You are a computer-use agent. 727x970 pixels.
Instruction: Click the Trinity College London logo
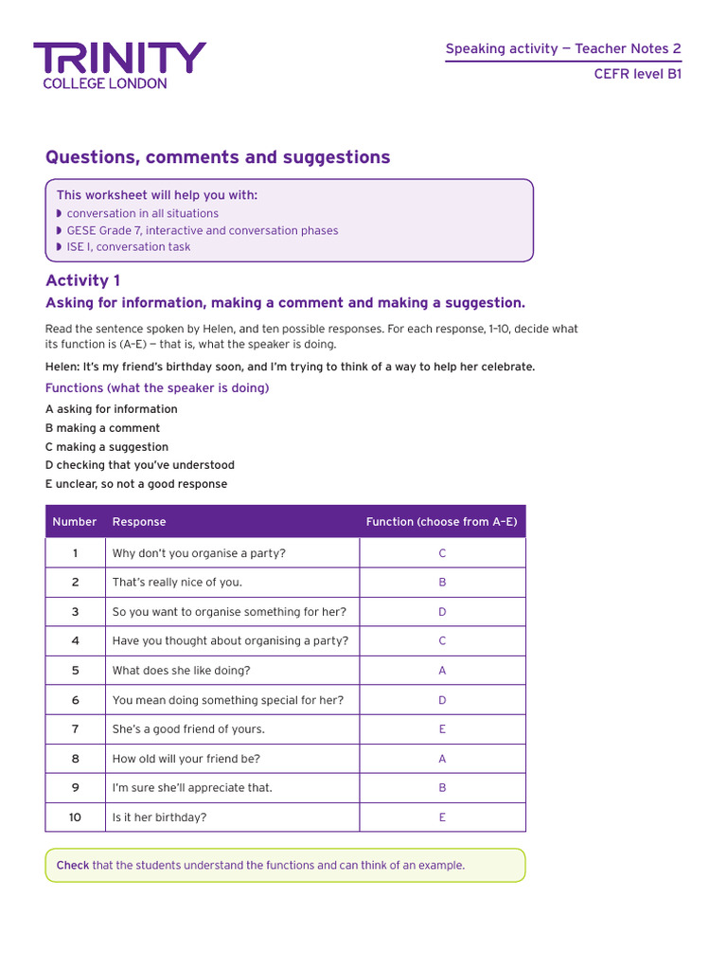click(x=119, y=65)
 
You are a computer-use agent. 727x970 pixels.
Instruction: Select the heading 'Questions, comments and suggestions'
click(x=218, y=157)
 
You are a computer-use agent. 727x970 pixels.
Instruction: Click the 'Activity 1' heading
click(x=83, y=280)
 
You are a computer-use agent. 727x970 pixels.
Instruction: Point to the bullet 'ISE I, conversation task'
click(x=129, y=247)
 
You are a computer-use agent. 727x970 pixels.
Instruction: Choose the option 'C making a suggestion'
click(x=107, y=447)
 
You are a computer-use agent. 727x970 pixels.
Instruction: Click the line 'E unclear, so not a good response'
click(x=136, y=484)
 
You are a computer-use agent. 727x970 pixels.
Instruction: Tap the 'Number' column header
click(x=75, y=522)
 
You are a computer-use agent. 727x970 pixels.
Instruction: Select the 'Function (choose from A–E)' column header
click(x=442, y=522)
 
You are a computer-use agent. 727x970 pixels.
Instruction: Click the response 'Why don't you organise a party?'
click(x=199, y=553)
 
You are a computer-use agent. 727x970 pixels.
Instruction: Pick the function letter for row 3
click(x=442, y=612)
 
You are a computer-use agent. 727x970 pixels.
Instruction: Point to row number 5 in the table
click(x=75, y=671)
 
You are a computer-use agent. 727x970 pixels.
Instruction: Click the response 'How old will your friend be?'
click(x=186, y=759)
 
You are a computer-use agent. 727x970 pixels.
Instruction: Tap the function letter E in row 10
click(x=442, y=817)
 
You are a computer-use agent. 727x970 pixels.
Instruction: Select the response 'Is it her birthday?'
click(x=159, y=817)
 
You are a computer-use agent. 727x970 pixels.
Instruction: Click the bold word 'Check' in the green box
click(x=73, y=866)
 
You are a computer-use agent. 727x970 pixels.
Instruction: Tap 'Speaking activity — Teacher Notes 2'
click(x=563, y=49)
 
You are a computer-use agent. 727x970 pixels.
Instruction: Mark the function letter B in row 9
click(x=442, y=788)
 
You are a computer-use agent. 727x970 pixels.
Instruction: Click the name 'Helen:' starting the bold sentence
click(x=62, y=367)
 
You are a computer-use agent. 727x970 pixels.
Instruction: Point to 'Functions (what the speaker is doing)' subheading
click(x=157, y=388)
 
